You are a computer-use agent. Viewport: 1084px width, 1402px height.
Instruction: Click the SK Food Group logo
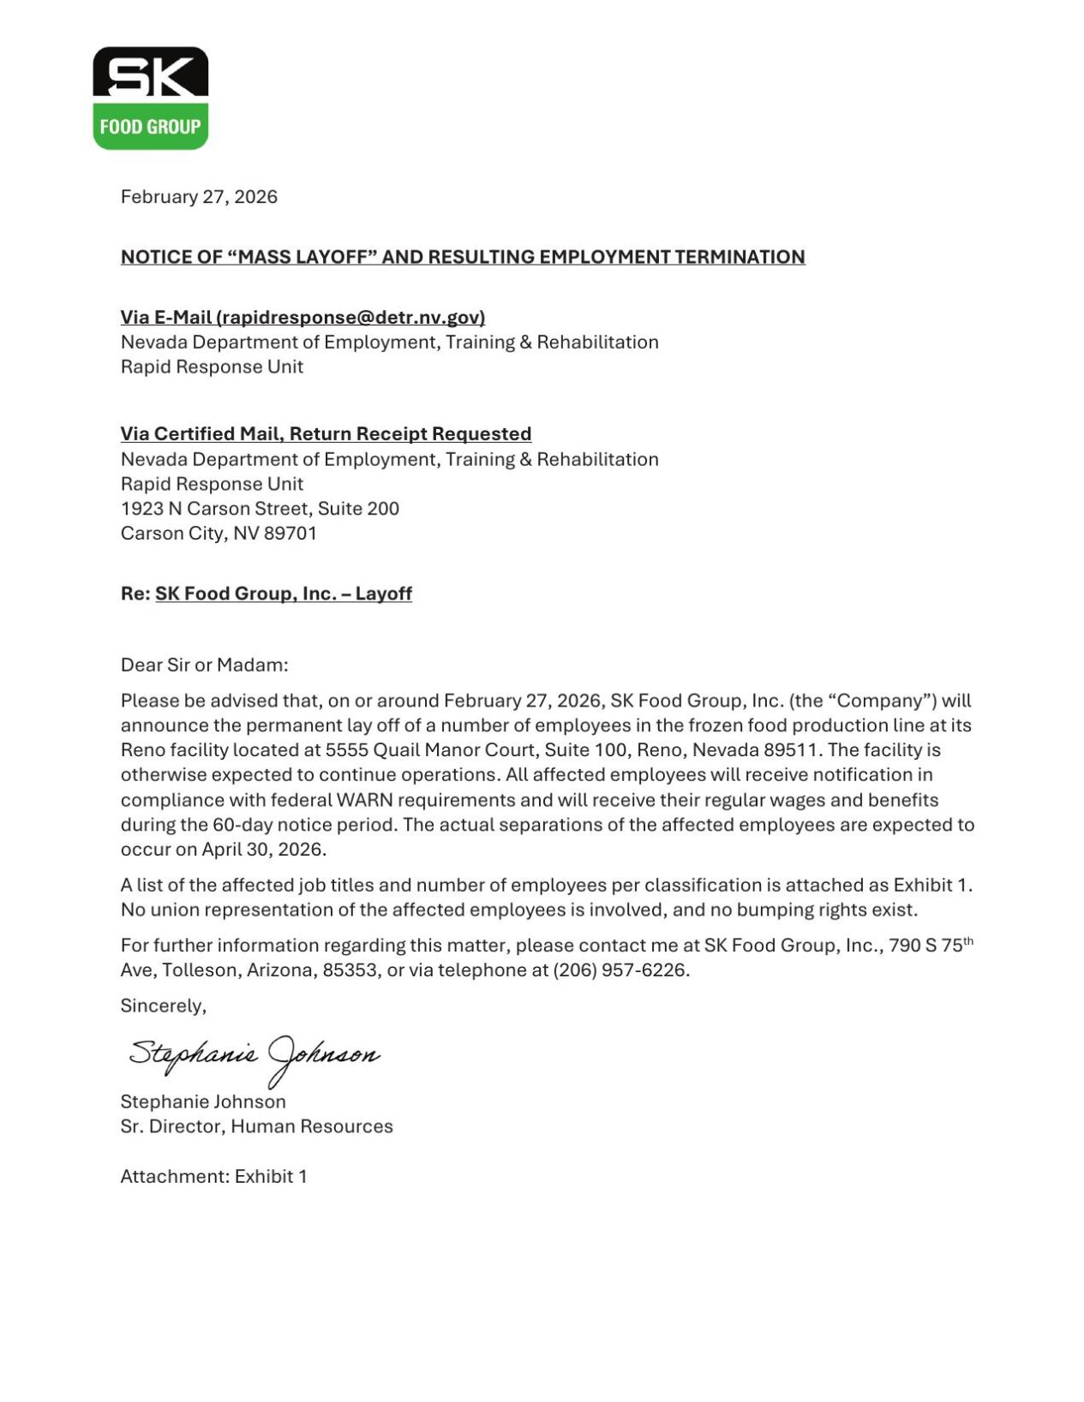(150, 98)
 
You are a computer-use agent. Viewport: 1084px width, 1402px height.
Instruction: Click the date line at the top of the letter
(199, 197)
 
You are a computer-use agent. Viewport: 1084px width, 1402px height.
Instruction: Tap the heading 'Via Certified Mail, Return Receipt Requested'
(326, 434)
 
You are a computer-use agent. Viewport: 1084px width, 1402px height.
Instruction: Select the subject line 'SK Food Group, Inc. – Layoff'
(283, 594)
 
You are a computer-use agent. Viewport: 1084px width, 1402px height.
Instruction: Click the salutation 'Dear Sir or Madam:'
(204, 665)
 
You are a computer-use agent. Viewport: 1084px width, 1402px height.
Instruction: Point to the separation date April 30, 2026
(264, 850)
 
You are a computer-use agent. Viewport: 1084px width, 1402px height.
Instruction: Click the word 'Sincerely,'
(163, 1005)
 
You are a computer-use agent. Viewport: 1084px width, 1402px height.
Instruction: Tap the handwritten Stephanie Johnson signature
(255, 1055)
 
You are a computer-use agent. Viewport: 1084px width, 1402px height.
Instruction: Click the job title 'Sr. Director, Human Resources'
(256, 1126)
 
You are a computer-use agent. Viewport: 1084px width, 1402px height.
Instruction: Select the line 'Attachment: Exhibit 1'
(213, 1176)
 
